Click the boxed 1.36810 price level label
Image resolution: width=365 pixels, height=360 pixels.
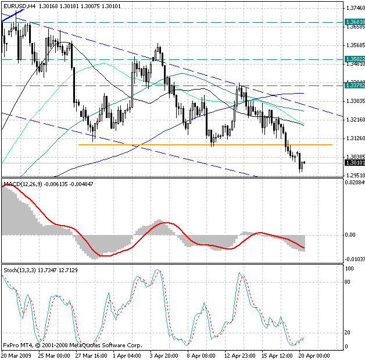pos(355,22)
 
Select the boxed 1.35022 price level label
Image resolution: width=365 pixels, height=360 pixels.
pos(355,59)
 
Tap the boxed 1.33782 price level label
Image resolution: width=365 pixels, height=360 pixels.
pos(355,85)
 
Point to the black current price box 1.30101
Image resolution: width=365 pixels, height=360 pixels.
pos(355,163)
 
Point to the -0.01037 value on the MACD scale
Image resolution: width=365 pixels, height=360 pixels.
pos(355,259)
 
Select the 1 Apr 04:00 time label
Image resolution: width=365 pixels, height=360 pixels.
pos(127,355)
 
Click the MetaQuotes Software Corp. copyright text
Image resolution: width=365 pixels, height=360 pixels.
pos(105,345)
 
